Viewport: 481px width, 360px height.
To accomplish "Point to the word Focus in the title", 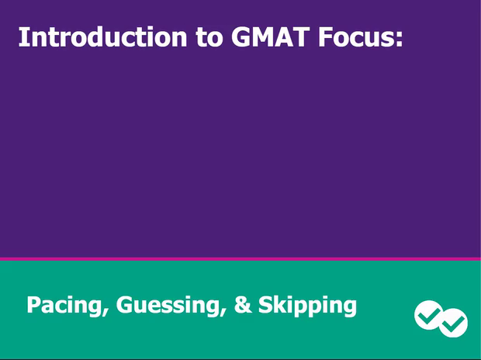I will (357, 37).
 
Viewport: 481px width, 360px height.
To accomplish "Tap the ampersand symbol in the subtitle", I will (243, 305).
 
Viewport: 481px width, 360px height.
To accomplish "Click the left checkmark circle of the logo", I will (427, 314).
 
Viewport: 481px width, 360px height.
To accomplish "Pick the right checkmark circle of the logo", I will (454, 323).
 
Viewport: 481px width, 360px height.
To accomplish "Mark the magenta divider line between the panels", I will (240, 258).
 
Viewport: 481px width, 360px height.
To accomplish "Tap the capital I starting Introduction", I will (22, 37).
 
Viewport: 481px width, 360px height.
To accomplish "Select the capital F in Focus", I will (325, 37).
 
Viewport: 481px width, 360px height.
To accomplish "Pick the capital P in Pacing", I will (33, 305).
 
